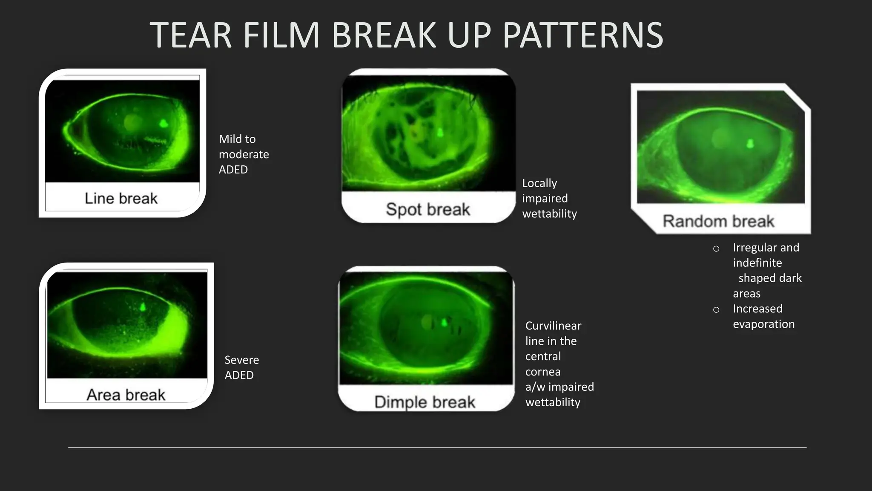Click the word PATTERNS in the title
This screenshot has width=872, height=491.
click(582, 35)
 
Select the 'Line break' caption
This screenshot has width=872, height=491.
click(121, 199)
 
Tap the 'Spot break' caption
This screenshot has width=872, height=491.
click(428, 209)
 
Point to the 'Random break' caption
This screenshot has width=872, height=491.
click(718, 221)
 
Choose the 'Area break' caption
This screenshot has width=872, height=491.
click(126, 395)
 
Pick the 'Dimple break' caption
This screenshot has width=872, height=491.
click(425, 402)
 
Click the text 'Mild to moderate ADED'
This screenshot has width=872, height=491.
click(243, 154)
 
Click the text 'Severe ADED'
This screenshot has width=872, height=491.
click(241, 367)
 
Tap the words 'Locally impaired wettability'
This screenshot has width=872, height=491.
click(549, 198)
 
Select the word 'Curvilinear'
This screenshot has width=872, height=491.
click(553, 326)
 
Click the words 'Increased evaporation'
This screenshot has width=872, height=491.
click(763, 316)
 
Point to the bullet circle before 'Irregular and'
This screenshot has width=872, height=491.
click(716, 248)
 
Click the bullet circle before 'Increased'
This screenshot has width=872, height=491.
click(716, 310)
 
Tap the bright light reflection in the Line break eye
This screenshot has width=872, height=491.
click(163, 124)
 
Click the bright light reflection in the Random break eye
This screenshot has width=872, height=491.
click(750, 143)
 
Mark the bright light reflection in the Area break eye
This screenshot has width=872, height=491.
click(143, 306)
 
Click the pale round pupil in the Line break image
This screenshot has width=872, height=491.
click(132, 122)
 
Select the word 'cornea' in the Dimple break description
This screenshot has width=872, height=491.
click(542, 372)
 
